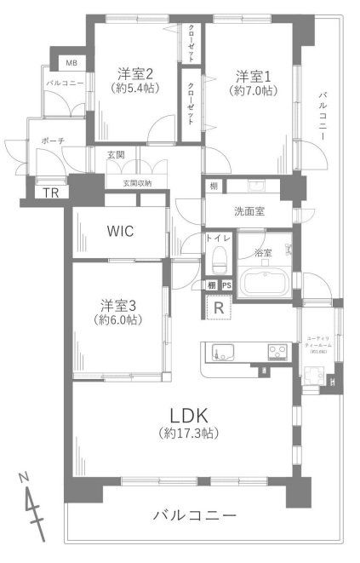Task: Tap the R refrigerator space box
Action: click(x=220, y=307)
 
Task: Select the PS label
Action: click(x=227, y=285)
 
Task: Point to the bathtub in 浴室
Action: click(x=265, y=282)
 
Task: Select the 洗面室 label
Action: click(x=249, y=211)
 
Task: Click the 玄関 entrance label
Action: click(x=117, y=154)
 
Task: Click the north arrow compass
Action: click(x=33, y=506)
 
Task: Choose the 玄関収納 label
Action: click(x=137, y=182)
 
